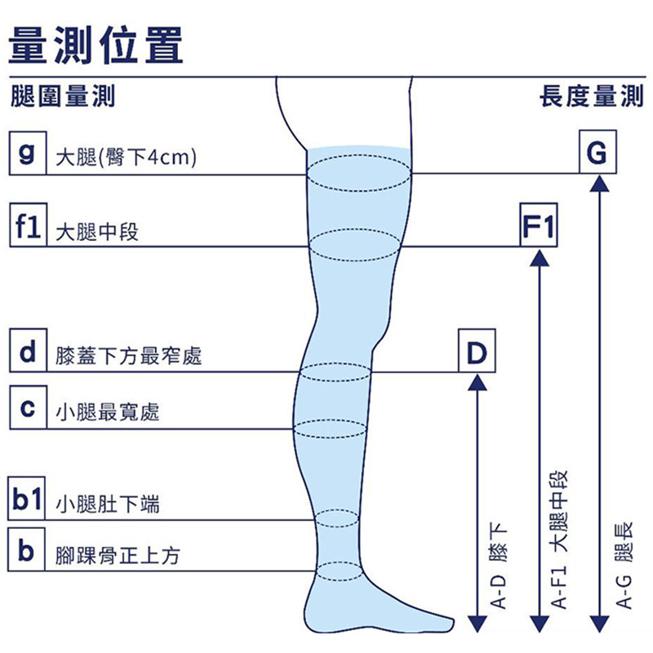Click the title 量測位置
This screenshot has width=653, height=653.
[x=96, y=45]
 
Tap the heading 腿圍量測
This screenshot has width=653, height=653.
[x=63, y=96]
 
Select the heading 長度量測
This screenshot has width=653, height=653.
[x=591, y=96]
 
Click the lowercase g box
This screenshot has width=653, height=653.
[x=28, y=153]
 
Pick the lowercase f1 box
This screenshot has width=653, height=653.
[x=28, y=225]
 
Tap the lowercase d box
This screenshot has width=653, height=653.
[x=28, y=350]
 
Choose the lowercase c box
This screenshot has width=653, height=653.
[x=28, y=407]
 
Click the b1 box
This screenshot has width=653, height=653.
[x=26, y=499]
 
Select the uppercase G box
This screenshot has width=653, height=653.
[x=597, y=152]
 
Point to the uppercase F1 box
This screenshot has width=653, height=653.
[x=539, y=225]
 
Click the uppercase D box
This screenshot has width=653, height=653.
[x=477, y=350]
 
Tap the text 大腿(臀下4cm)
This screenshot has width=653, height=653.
[x=126, y=158]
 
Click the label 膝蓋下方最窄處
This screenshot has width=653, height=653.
[x=129, y=357]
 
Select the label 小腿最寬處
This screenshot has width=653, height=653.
[x=108, y=413]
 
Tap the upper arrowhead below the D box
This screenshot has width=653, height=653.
[x=478, y=382]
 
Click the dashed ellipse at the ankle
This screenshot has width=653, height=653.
[x=340, y=571]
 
